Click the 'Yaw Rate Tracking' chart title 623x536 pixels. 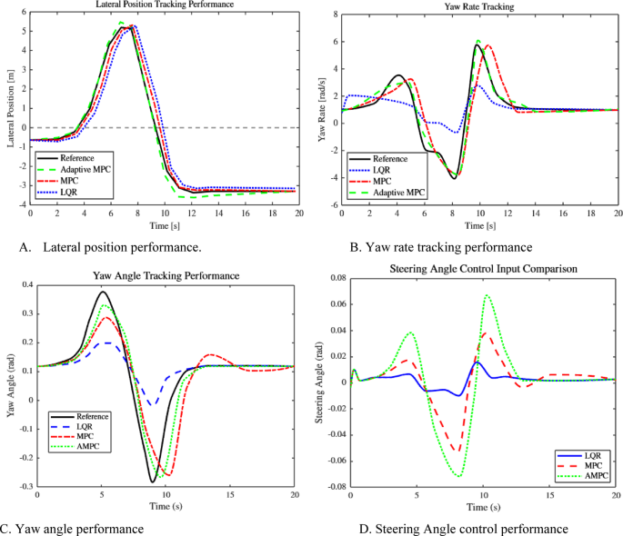481,7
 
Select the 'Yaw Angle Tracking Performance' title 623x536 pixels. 166,274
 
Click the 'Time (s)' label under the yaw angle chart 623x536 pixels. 166,509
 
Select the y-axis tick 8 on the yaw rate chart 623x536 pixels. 337,15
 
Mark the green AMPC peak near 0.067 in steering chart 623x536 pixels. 487,295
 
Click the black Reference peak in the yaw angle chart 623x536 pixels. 102,293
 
